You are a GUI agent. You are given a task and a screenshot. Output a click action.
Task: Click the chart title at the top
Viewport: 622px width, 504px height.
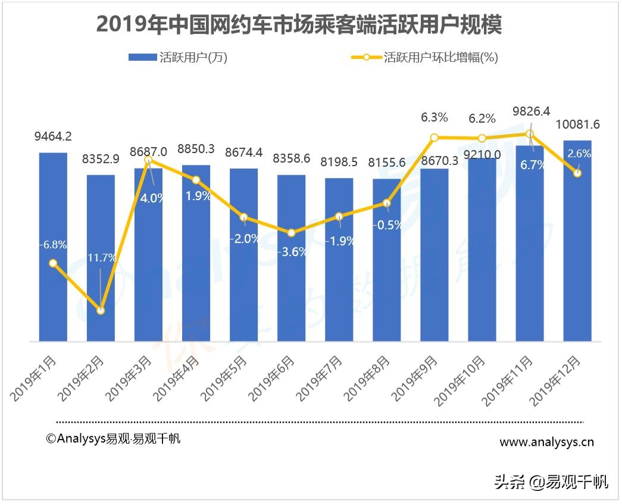click(x=299, y=24)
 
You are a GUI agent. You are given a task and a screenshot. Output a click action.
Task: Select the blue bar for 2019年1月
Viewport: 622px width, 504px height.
click(x=53, y=247)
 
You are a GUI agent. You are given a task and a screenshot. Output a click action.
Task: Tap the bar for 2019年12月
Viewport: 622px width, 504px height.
click(x=577, y=241)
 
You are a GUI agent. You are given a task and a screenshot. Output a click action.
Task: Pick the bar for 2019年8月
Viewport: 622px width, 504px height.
click(x=386, y=260)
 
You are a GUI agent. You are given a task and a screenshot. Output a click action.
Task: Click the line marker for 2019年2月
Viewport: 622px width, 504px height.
click(x=101, y=310)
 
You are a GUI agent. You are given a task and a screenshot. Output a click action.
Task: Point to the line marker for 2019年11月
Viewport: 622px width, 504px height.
click(x=529, y=134)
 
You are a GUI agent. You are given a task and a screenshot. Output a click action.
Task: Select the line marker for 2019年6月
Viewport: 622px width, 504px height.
click(x=291, y=233)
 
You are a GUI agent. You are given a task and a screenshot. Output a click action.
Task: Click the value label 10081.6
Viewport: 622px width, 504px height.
click(x=577, y=125)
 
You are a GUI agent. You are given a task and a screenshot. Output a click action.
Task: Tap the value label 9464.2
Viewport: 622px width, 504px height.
click(x=53, y=136)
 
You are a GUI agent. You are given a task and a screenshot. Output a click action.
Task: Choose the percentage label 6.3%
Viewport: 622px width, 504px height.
click(x=434, y=118)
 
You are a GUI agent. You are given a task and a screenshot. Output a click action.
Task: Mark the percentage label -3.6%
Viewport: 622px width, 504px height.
click(x=291, y=251)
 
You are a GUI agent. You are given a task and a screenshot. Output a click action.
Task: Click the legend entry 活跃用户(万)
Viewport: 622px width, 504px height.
click(x=177, y=58)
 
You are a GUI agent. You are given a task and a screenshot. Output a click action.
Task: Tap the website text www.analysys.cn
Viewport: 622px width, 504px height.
click(x=546, y=442)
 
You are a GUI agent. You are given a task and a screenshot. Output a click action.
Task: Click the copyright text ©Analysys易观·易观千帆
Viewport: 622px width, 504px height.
click(x=113, y=438)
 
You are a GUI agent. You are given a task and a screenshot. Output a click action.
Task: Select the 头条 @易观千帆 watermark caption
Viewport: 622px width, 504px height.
click(x=551, y=482)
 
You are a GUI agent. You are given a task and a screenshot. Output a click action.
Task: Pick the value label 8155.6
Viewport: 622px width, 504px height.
click(x=386, y=162)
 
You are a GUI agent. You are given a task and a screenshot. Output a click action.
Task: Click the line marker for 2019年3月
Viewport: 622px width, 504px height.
click(x=148, y=160)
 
